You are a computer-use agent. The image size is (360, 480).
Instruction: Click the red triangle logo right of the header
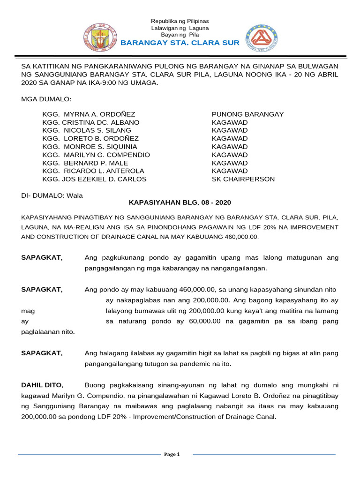[262, 38]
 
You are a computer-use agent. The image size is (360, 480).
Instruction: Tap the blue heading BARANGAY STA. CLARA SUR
[180, 43]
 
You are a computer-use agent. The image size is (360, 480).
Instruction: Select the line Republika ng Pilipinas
[180, 22]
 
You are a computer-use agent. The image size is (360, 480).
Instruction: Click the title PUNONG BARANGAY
[247, 114]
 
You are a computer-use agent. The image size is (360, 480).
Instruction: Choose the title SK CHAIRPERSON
[243, 179]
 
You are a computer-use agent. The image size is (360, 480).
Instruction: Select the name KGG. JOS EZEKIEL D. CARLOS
[94, 179]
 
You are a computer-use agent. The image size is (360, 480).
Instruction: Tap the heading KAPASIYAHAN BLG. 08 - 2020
[180, 202]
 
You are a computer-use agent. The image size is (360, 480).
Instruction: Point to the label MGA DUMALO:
[46, 99]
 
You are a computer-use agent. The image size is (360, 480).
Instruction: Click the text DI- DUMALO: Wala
[52, 195]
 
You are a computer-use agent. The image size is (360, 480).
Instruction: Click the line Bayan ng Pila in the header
[180, 35]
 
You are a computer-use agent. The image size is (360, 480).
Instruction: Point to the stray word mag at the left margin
[28, 310]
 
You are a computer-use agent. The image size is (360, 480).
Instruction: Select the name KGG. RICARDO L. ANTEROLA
[93, 171]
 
